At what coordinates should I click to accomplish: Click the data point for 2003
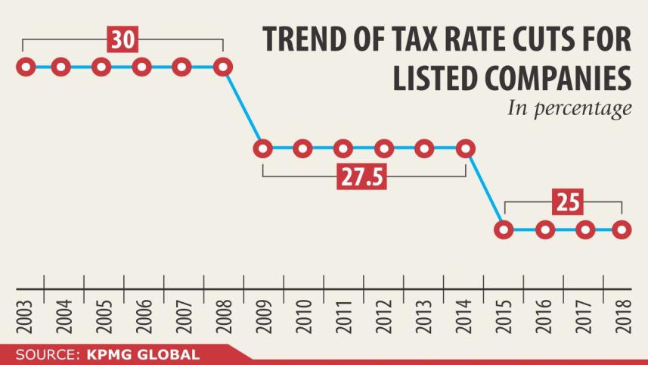(26, 67)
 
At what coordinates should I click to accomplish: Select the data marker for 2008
(222, 67)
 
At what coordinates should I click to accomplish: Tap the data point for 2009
(262, 148)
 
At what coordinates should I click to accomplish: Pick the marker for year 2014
(466, 148)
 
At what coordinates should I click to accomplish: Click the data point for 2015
(505, 229)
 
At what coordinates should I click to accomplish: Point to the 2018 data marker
(622, 229)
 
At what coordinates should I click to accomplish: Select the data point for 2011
(343, 148)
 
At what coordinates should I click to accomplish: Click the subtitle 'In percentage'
(569, 109)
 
